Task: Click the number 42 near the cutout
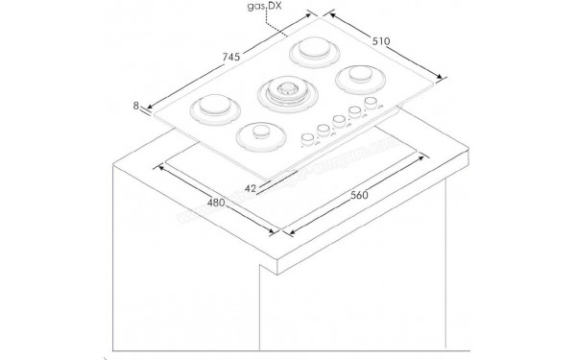251,189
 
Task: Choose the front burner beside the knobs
256,134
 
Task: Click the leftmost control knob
306,137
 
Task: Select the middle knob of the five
339,122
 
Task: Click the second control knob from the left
322,130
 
